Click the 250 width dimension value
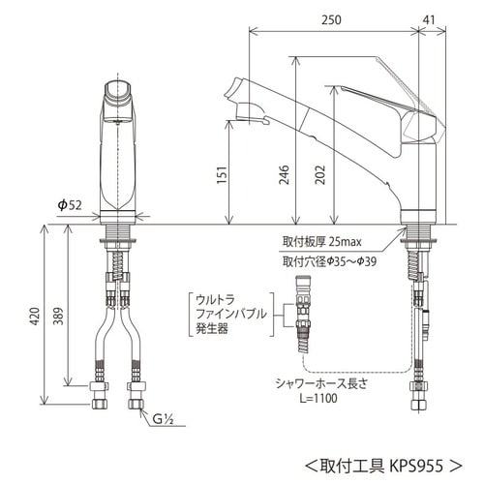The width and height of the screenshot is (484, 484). (x=333, y=17)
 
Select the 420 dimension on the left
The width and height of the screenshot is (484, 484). (x=34, y=318)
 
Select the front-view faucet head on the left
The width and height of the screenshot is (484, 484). (x=120, y=102)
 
